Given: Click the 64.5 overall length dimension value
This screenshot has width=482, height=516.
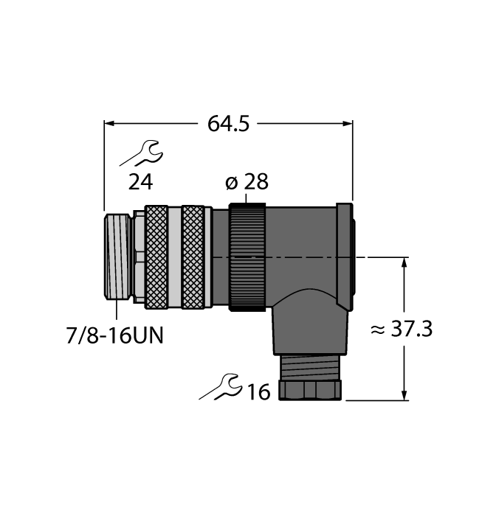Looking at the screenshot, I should [228, 124].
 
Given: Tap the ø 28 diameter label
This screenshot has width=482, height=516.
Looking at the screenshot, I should [247, 184].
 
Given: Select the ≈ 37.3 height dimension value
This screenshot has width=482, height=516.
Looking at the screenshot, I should [401, 330].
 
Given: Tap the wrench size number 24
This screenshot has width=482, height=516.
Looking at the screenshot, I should [141, 183].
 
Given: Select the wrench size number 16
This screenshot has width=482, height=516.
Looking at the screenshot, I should [259, 391].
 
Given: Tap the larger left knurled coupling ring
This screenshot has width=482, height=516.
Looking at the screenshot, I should [156, 256].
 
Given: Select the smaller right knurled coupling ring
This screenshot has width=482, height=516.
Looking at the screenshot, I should [193, 256].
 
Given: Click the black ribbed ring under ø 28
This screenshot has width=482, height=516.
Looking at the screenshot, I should [247, 256].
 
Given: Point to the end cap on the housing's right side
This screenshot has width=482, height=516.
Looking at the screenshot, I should [345, 256].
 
